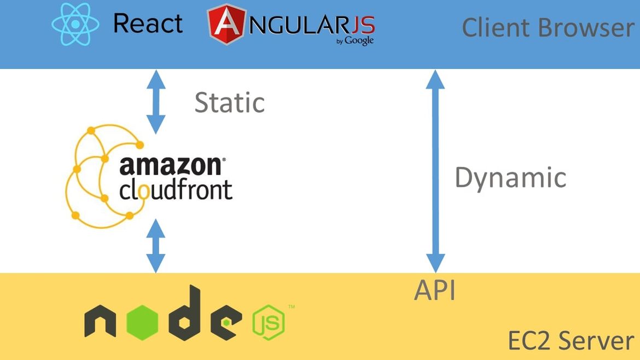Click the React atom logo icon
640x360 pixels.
75,24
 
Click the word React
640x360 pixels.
148,24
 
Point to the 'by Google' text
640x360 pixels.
354,41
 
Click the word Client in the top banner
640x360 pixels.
496,28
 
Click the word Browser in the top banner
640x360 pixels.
586,28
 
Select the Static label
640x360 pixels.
229,102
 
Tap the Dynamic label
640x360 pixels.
510,178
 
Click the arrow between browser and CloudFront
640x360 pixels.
156,102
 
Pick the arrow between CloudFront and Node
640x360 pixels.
156,246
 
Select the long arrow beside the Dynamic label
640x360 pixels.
435,171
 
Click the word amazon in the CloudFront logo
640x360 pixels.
171,166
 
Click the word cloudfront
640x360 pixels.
176,190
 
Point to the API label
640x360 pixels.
435,290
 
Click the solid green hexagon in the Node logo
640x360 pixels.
142,322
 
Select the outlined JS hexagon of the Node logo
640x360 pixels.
269,322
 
